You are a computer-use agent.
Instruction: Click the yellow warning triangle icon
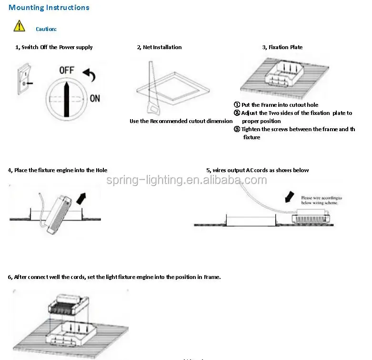(19, 26)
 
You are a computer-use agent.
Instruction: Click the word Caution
(46, 29)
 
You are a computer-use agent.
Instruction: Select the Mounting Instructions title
(49, 8)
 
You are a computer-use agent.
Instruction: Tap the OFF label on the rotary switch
(67, 70)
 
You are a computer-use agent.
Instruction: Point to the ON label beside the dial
(95, 98)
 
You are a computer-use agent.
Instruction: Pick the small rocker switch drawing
(23, 80)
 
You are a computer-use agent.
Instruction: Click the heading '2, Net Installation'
(159, 47)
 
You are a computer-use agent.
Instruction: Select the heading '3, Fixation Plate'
(282, 47)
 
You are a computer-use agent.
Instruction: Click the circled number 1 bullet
(237, 105)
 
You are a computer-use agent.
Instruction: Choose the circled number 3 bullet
(237, 129)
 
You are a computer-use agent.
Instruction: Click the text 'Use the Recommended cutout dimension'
(181, 121)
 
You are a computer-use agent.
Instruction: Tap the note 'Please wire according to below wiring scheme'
(322, 200)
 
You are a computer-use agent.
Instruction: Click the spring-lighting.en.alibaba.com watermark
(186, 180)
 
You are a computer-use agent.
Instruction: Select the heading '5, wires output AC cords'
(257, 170)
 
